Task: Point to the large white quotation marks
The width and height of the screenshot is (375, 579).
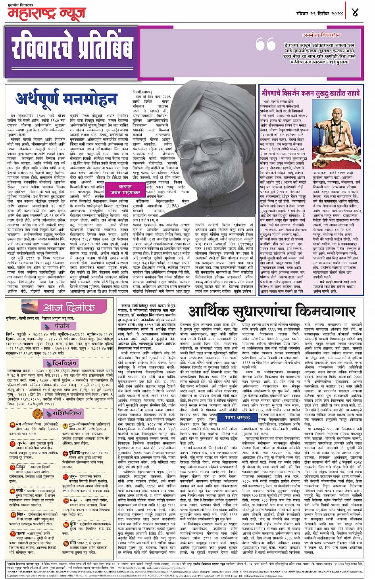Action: tap(265, 44)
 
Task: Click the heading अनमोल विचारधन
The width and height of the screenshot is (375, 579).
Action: tap(321, 35)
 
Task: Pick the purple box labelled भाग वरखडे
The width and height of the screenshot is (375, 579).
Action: tap(238, 417)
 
